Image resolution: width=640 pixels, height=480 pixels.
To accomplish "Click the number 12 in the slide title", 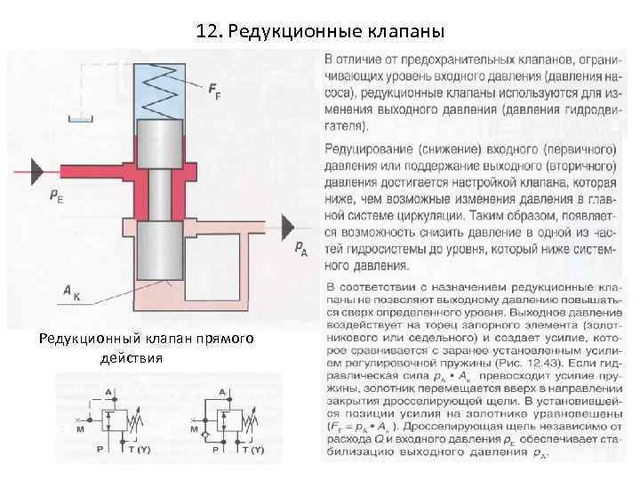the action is click(x=206, y=32).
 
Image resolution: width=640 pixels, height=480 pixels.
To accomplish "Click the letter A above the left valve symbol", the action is click(x=108, y=391).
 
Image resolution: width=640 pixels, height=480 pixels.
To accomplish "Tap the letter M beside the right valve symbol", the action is click(x=194, y=429).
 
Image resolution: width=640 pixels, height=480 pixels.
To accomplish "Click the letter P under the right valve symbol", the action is click(x=214, y=450).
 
